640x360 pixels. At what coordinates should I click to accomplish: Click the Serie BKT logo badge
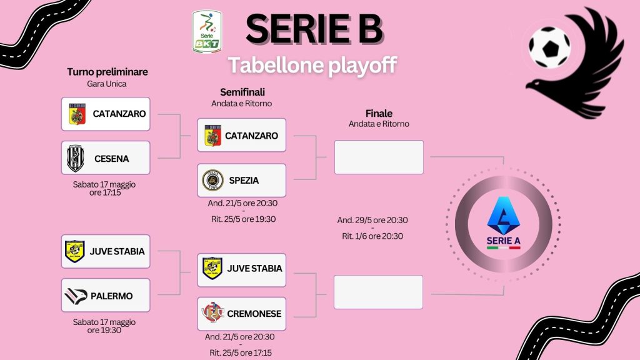(x=207, y=31)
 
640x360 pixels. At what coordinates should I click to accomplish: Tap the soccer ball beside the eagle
(x=549, y=47)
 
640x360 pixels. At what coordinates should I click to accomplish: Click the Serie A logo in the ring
(x=503, y=223)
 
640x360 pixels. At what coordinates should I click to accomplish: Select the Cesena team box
(x=106, y=158)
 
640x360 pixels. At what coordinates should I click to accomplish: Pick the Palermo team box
(x=106, y=295)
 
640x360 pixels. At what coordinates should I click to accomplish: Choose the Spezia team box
(x=242, y=181)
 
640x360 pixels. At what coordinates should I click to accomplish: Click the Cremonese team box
(x=242, y=314)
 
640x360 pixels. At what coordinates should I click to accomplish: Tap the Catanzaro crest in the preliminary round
(x=77, y=114)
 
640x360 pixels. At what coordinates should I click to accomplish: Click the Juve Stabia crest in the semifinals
(x=212, y=268)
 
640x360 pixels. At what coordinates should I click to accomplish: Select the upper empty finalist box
(x=379, y=157)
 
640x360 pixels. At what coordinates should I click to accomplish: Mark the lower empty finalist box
(x=378, y=292)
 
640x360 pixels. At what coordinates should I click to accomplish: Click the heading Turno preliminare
(x=107, y=72)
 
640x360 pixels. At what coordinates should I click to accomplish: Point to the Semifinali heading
(x=242, y=92)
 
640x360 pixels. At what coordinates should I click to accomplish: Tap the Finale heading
(x=379, y=114)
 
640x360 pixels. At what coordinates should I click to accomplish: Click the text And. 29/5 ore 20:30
(x=372, y=220)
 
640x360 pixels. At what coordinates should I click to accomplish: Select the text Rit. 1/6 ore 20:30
(x=372, y=236)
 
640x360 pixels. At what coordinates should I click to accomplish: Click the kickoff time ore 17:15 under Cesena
(x=105, y=192)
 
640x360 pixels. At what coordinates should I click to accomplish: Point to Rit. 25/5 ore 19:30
(x=243, y=219)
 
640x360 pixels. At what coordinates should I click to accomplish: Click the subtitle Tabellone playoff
(x=312, y=65)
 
